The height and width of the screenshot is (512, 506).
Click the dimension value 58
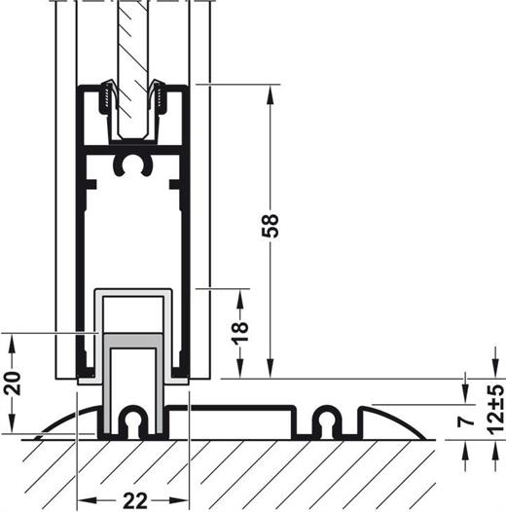coord(271,226)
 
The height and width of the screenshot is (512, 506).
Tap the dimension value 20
coord(13,383)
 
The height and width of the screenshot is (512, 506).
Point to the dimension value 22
coord(135,500)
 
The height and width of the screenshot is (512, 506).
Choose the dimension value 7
coord(466,419)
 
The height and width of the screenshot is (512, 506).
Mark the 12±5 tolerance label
coord(496,409)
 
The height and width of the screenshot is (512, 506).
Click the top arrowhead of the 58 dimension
coord(270,95)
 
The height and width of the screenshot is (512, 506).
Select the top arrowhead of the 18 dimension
coord(240,300)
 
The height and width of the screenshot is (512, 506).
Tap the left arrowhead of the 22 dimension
coord(88,500)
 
